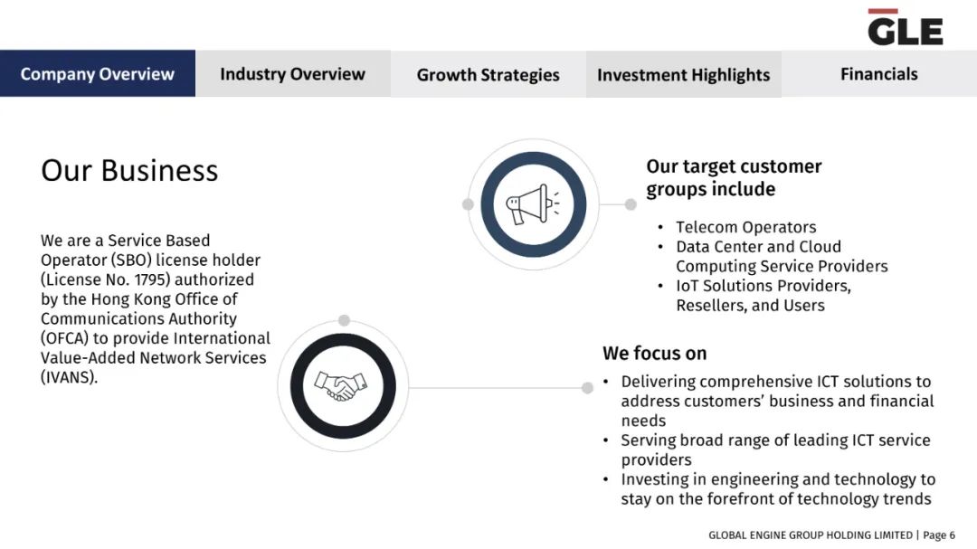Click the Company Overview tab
click(97, 73)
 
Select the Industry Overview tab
click(293, 73)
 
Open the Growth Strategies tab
click(488, 74)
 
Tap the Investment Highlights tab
click(684, 74)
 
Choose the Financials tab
click(879, 73)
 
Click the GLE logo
click(906, 28)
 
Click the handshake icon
click(341, 386)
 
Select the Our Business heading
click(129, 170)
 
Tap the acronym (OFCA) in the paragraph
click(65, 337)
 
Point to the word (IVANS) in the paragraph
click(69, 377)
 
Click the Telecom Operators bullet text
click(745, 227)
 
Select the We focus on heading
click(654, 354)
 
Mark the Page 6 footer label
click(939, 535)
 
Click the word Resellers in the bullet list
click(712, 306)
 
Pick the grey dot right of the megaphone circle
click(631, 204)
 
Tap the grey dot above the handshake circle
click(344, 320)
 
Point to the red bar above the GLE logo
click(883, 11)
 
